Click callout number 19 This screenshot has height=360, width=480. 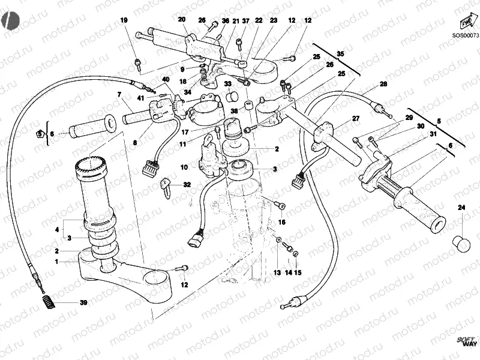[x=124, y=21]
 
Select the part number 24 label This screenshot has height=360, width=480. [x=461, y=208]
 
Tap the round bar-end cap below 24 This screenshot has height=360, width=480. [x=461, y=243]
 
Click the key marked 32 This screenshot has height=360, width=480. [x=166, y=189]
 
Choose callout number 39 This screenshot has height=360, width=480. [x=83, y=302]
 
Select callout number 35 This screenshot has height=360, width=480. [x=341, y=54]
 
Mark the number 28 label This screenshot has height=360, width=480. [x=383, y=84]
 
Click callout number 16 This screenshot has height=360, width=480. [x=282, y=222]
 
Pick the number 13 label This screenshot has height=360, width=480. [x=277, y=272]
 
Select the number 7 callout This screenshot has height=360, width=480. [x=119, y=94]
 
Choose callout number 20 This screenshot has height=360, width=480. [x=182, y=19]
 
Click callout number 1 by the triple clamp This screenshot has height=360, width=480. [x=57, y=262]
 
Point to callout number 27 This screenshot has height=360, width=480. [x=355, y=118]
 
